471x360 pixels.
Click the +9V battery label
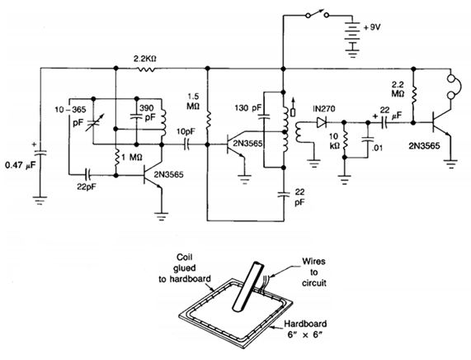pyautogui.click(x=372, y=27)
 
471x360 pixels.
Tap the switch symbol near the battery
pyautogui.click(x=317, y=13)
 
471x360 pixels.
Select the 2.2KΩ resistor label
pyautogui.click(x=145, y=59)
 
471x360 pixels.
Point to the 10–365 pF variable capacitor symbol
pyautogui.click(x=93, y=123)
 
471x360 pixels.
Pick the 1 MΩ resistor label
pyautogui.click(x=132, y=157)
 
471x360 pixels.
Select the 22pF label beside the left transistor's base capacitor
pyautogui.click(x=87, y=187)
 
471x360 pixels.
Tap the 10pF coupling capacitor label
pyautogui.click(x=186, y=132)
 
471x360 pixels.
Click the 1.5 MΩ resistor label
pyautogui.click(x=193, y=102)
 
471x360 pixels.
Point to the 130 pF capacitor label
pyautogui.click(x=248, y=107)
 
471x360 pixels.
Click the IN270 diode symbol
pyautogui.click(x=322, y=122)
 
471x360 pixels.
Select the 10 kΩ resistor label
pyautogui.click(x=334, y=141)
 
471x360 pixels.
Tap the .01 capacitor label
pyautogui.click(x=377, y=148)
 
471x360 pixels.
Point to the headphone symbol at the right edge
pyautogui.click(x=456, y=88)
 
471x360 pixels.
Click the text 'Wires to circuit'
pyautogui.click(x=314, y=272)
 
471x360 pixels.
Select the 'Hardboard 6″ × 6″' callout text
pyautogui.click(x=305, y=329)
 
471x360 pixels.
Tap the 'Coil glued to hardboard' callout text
pyautogui.click(x=185, y=268)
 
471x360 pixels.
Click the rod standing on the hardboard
pyautogui.click(x=248, y=287)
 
